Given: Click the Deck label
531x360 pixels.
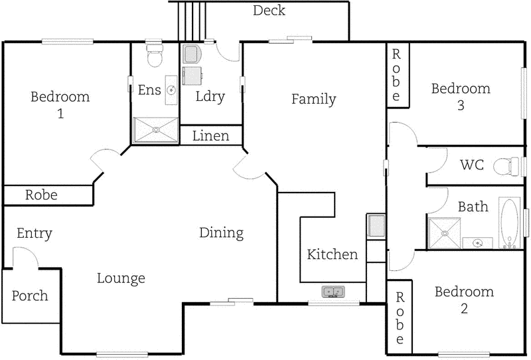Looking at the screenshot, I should (x=269, y=11).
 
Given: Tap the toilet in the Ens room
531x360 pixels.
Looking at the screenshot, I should (x=154, y=56).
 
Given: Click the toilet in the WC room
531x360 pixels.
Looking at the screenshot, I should (x=513, y=165).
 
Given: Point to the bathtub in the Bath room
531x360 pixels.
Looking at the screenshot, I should (x=508, y=224).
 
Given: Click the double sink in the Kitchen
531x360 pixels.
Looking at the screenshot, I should (x=333, y=291).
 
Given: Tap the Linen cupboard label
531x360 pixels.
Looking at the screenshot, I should (x=211, y=136).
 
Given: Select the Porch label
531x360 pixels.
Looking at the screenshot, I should (x=30, y=296).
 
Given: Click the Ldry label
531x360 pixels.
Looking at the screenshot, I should (x=210, y=96).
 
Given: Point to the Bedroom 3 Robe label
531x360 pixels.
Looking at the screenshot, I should (x=396, y=74).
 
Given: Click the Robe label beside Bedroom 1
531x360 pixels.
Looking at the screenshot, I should (x=41, y=195).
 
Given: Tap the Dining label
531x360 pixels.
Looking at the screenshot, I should (x=221, y=233).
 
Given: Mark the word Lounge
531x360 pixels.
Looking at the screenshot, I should (x=121, y=278).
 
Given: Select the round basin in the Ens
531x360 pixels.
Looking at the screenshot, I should (x=171, y=90).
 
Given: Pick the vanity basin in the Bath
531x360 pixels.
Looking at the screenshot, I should (x=477, y=243).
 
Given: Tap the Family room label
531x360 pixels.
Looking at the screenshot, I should (x=313, y=100).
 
